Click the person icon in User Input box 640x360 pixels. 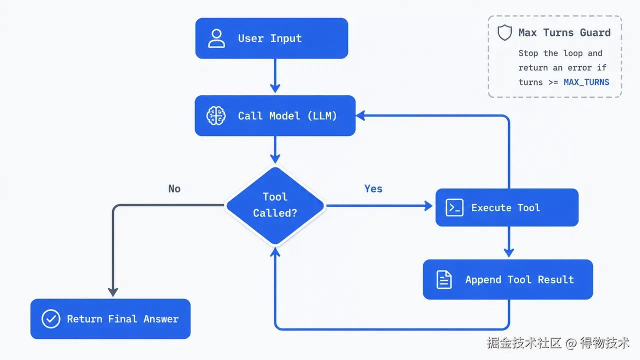click(216, 38)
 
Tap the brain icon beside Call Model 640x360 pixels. click(216, 115)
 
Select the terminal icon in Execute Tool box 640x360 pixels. click(454, 207)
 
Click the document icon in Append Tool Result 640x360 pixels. click(444, 279)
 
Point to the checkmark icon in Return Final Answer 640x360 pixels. click(51, 318)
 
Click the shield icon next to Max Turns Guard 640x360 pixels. click(504, 32)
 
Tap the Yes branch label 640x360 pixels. click(373, 188)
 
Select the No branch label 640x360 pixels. click(174, 188)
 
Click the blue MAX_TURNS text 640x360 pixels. click(586, 82)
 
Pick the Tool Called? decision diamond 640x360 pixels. click(275, 205)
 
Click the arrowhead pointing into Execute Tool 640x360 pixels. click(428, 205)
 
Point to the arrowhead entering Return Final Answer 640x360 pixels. click(113, 292)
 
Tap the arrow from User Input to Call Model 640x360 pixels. click(275, 75)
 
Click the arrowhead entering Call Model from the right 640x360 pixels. click(360, 115)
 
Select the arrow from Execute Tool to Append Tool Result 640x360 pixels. click(509, 241)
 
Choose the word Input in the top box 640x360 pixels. click(286, 38)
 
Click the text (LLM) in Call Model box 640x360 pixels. click(322, 115)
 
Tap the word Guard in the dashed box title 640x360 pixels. click(595, 32)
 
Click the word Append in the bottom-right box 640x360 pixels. click(483, 280)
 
